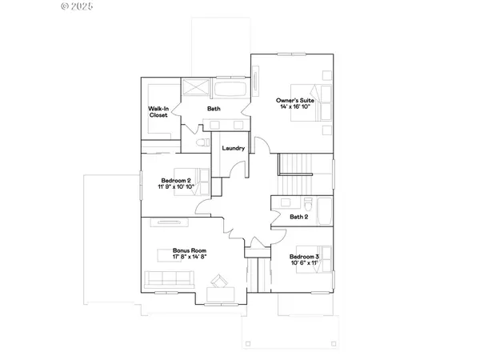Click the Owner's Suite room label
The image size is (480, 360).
pyautogui.click(x=294, y=100)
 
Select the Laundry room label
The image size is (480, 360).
pyautogui.click(x=233, y=148)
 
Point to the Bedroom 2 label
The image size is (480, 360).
pyautogui.click(x=175, y=180)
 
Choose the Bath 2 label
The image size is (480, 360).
pyautogui.click(x=298, y=216)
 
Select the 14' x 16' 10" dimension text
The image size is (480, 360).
pyautogui.click(x=294, y=106)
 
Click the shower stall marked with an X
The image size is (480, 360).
pyautogui.click(x=197, y=88)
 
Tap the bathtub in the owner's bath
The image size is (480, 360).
pyautogui.click(x=232, y=88)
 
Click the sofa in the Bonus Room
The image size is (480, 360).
pyautogui.click(x=169, y=279)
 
